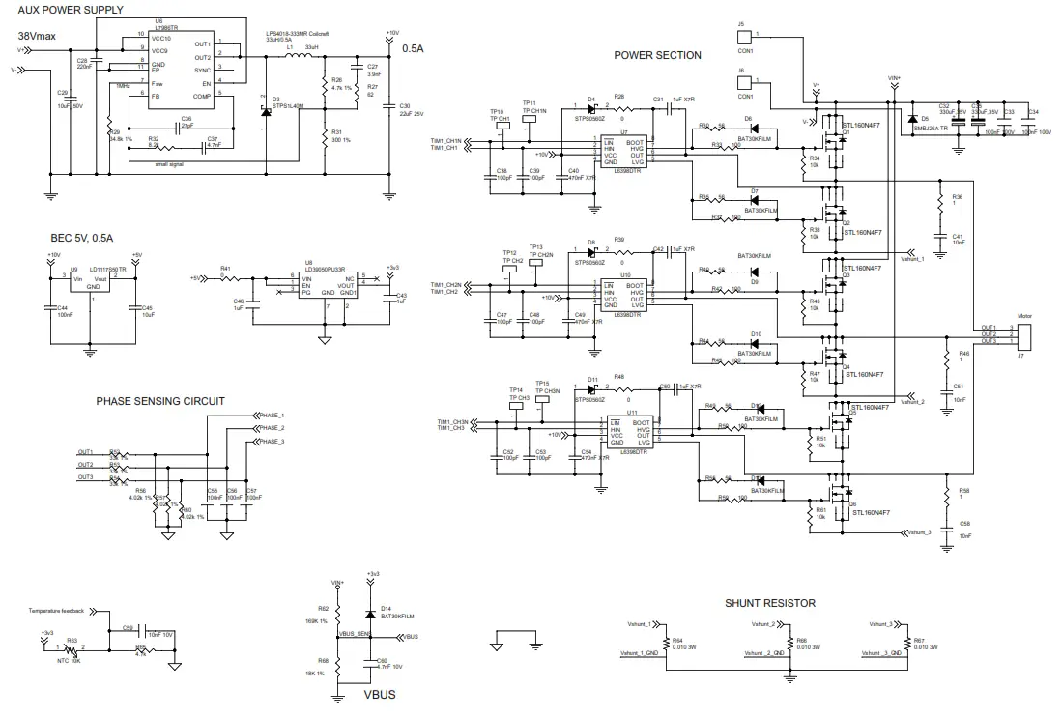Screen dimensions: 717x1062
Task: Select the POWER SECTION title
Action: pyautogui.click(x=657, y=55)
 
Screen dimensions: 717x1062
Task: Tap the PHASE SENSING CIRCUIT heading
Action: pyautogui.click(x=160, y=401)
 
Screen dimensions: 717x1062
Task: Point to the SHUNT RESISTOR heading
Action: pyautogui.click(x=770, y=603)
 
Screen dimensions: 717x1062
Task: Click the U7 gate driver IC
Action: pyautogui.click(x=623, y=152)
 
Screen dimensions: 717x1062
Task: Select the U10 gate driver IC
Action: pyautogui.click(x=623, y=295)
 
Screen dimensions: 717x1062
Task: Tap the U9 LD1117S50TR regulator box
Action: pyautogui.click(x=94, y=282)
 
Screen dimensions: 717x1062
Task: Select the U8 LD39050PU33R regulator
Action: pyautogui.click(x=328, y=284)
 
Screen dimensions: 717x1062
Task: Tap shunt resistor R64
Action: pyautogui.click(x=665, y=645)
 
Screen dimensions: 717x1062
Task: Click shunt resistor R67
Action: pyautogui.click(x=906, y=645)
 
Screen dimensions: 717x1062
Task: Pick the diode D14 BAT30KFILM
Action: pyautogui.click(x=371, y=614)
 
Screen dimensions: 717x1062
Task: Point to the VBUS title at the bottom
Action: pyautogui.click(x=379, y=694)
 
